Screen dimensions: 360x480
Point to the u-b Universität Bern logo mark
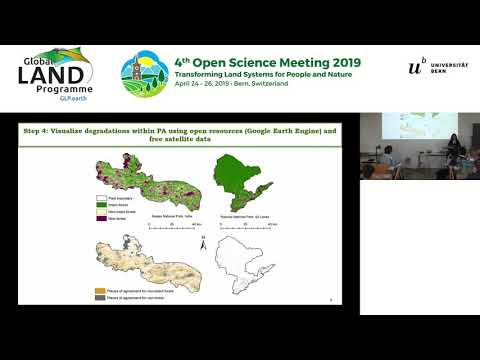(416, 67)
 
